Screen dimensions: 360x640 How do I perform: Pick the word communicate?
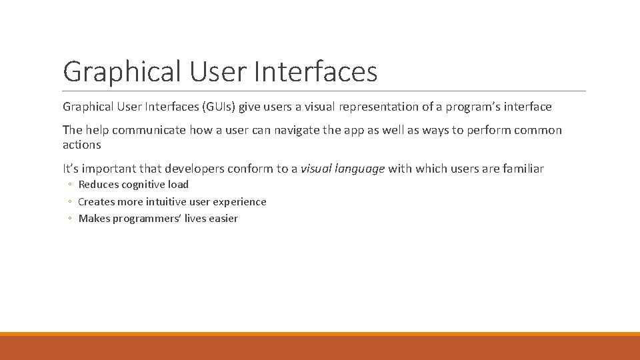150,130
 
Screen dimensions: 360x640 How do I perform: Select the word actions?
82,145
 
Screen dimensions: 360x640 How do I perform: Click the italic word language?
360,169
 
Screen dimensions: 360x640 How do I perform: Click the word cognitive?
144,185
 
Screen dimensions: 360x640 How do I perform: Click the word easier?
223,219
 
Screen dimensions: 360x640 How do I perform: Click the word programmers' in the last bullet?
147,219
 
